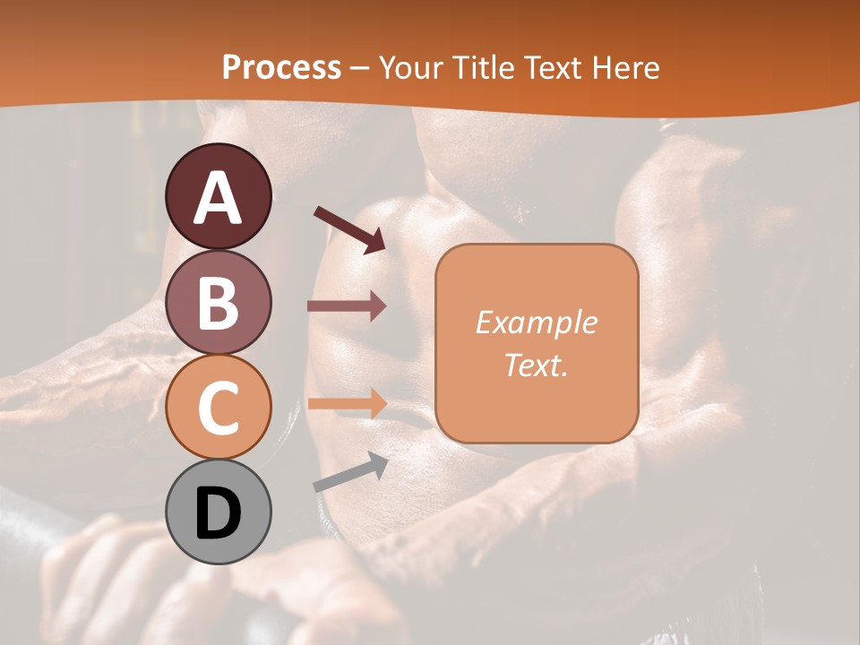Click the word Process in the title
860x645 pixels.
(x=281, y=68)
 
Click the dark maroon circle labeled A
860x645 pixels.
(x=219, y=196)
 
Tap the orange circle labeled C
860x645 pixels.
(x=219, y=407)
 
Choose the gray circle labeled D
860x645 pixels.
(x=219, y=512)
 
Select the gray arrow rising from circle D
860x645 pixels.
(x=350, y=472)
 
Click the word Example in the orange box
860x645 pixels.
(x=536, y=322)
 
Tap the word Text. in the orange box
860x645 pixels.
(x=536, y=365)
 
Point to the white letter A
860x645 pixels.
(x=219, y=198)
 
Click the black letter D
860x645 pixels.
(x=218, y=513)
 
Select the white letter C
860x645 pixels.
(x=218, y=408)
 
